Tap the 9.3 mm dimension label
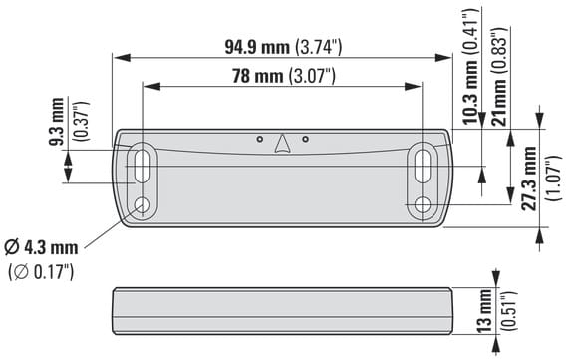(x=57, y=121)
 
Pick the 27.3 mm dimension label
(x=529, y=179)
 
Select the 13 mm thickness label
(x=485, y=311)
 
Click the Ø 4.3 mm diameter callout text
(x=41, y=247)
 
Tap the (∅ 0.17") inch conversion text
(x=41, y=272)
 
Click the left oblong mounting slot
(x=142, y=166)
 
